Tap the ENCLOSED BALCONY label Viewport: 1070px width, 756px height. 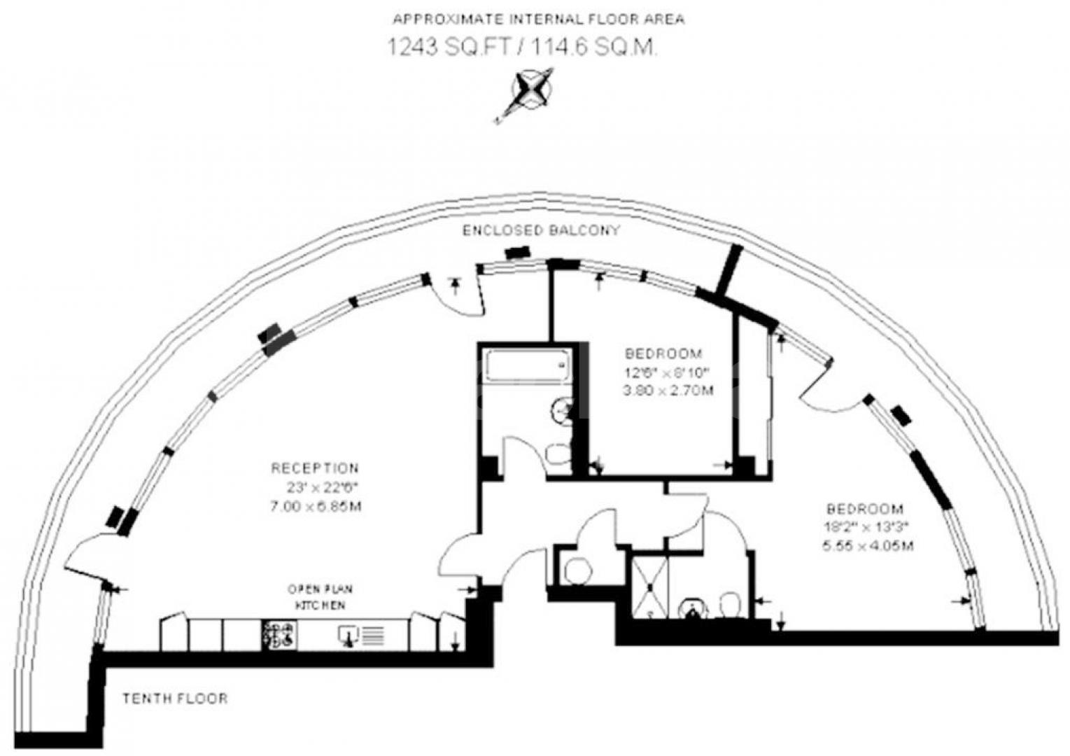pyautogui.click(x=541, y=231)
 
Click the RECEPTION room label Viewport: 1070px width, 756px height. pyautogui.click(x=315, y=468)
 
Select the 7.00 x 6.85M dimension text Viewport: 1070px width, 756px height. pyautogui.click(x=316, y=506)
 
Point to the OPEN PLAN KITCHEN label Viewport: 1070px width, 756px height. pyautogui.click(x=320, y=597)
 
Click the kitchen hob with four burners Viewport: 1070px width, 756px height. pyautogui.click(x=279, y=635)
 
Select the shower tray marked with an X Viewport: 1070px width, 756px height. pyautogui.click(x=649, y=587)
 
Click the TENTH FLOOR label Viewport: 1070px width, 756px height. pyautogui.click(x=176, y=699)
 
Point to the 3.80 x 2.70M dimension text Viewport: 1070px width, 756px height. pyautogui.click(x=668, y=391)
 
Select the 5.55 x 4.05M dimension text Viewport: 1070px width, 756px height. pyautogui.click(x=868, y=545)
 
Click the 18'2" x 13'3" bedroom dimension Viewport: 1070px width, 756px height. pyautogui.click(x=866, y=526)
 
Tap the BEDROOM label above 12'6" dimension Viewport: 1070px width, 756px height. pyautogui.click(x=664, y=353)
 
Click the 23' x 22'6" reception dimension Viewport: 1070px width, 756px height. pyautogui.click(x=322, y=487)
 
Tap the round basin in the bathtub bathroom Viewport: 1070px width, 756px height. pyautogui.click(x=561, y=409)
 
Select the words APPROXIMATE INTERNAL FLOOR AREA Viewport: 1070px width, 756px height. pyautogui.click(x=538, y=20)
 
